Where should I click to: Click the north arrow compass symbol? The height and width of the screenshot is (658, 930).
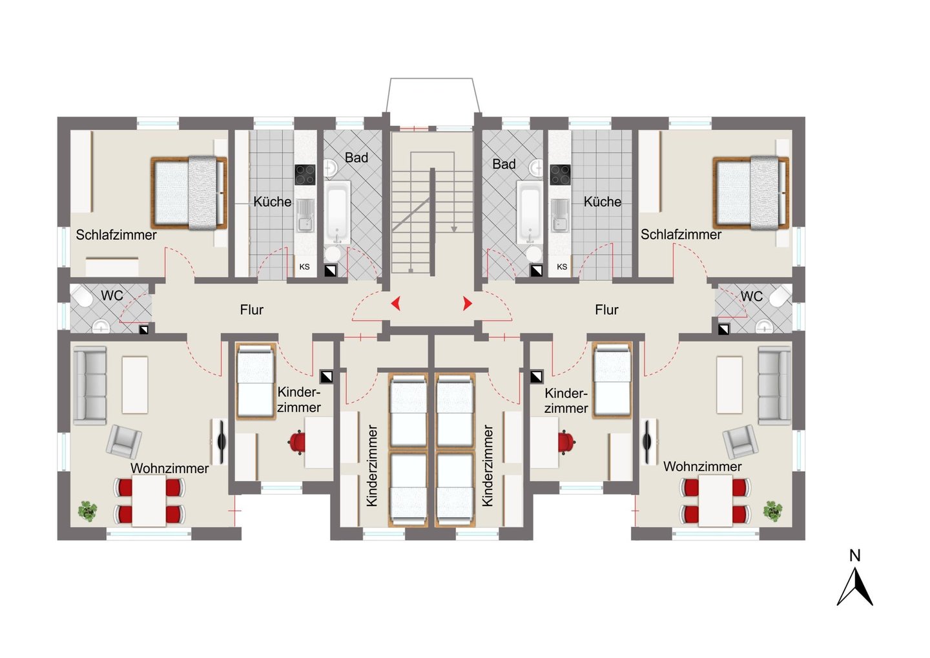pos(854,586)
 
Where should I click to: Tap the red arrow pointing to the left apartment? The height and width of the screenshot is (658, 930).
pos(396,303)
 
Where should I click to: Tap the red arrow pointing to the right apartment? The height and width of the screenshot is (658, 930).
pos(468,304)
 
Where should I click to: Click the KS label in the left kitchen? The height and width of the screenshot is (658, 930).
pos(304,267)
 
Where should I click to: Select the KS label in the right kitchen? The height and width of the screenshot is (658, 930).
pos(562,267)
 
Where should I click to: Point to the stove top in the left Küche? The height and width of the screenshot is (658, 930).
pos(305,175)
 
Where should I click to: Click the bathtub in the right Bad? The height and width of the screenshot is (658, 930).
pos(530,213)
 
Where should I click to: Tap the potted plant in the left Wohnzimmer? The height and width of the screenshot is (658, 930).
pos(88,511)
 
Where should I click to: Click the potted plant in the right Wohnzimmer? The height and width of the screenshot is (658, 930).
pos(772,511)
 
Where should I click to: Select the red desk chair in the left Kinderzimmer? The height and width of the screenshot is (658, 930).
pos(297,442)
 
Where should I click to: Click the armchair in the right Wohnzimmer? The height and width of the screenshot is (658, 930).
pos(740,441)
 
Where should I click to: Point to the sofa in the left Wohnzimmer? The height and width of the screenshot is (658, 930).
pos(90,385)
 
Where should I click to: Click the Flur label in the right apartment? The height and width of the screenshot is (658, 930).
pos(606,310)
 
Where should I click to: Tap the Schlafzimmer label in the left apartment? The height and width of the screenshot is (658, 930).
pos(116,235)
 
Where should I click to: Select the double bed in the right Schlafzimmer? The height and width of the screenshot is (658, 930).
pos(750,193)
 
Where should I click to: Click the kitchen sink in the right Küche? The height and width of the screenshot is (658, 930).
pos(560,216)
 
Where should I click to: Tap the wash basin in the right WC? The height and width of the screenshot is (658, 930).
pos(764,326)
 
